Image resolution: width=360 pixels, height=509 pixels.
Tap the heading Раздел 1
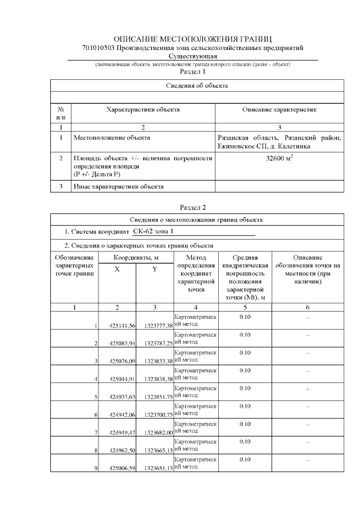193,73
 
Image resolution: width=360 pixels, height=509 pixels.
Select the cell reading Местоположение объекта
112,137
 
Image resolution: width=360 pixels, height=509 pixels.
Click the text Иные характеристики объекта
118,186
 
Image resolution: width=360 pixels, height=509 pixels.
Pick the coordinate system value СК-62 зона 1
157,232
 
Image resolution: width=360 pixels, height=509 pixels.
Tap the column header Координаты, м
136,257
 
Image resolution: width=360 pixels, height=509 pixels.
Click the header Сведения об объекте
197,85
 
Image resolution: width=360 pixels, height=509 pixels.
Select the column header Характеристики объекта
143,111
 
